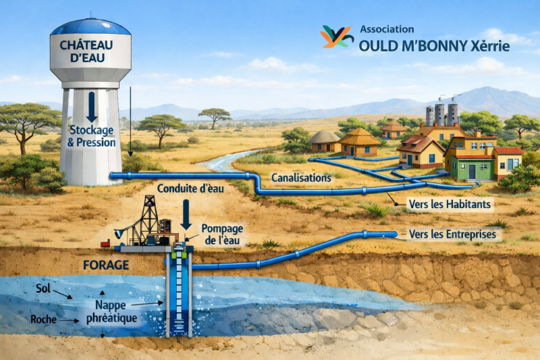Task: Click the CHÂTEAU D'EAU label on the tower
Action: (90, 51)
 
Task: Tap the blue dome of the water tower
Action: (90, 28)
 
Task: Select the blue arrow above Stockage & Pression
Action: (91, 106)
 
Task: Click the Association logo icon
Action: (337, 36)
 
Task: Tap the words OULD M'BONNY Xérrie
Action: (435, 46)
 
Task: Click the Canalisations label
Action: (301, 177)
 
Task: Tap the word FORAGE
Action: (105, 265)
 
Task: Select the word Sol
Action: (43, 288)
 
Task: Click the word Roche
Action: (45, 319)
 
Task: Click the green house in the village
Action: (470, 161)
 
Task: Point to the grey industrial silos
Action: (442, 113)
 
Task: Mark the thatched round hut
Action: (325, 142)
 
